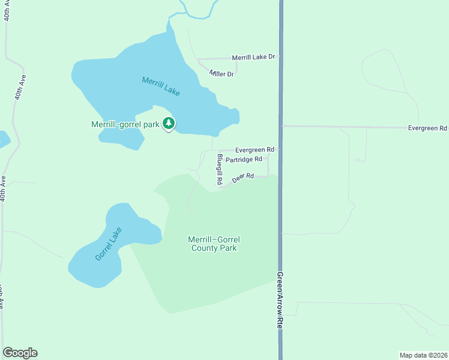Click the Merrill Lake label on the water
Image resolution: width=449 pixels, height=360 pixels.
(161, 87)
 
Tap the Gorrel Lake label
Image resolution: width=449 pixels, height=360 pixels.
(109, 244)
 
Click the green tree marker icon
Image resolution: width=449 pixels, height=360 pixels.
(169, 124)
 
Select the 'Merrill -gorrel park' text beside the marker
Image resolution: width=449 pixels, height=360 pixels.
(125, 125)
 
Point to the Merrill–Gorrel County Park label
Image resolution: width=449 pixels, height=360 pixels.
(214, 244)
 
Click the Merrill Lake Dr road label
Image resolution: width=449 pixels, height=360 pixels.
(253, 57)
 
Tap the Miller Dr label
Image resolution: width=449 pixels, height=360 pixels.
(221, 73)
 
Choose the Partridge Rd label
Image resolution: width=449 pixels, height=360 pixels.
(244, 160)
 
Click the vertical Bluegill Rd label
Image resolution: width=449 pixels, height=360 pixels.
(220, 169)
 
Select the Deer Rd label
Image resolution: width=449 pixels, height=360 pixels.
(243, 178)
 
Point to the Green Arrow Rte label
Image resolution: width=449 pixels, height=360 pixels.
(280, 300)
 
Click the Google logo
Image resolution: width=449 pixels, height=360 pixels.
(20, 353)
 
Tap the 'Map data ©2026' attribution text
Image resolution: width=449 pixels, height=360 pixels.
(423, 355)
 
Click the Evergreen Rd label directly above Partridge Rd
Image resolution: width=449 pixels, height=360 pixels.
(255, 149)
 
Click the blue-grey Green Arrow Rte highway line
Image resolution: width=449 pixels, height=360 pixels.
(280, 90)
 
